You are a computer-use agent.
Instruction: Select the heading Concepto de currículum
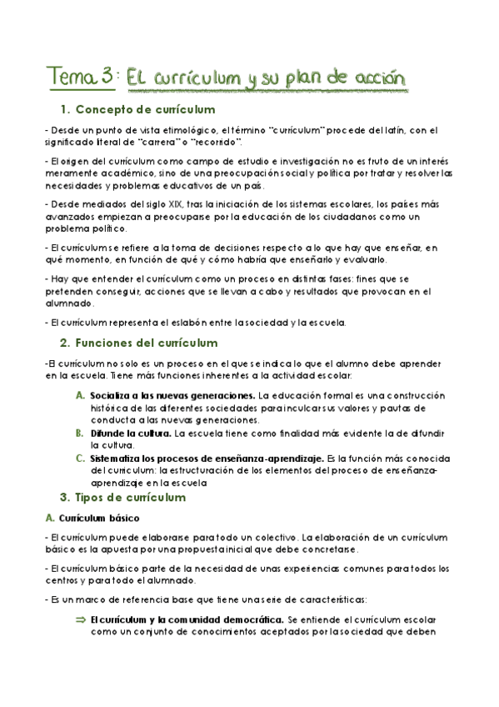145,110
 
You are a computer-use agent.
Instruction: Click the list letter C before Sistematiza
80,458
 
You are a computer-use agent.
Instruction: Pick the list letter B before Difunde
80,434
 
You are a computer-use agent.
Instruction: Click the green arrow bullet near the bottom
81,620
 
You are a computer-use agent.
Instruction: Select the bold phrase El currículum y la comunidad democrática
187,620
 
